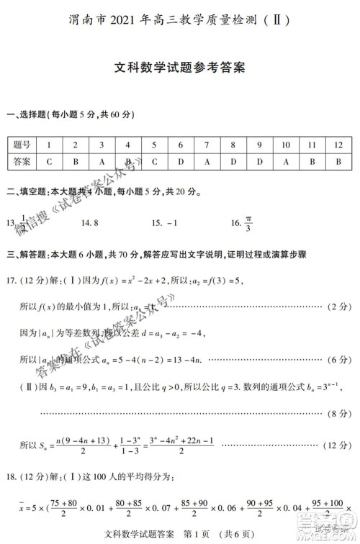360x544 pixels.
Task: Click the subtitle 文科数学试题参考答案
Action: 180,68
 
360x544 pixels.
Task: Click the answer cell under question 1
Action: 49,162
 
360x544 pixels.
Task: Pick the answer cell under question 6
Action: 180,162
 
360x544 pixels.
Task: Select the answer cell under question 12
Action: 338,162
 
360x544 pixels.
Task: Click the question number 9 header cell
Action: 259,145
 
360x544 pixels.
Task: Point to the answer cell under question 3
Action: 102,162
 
